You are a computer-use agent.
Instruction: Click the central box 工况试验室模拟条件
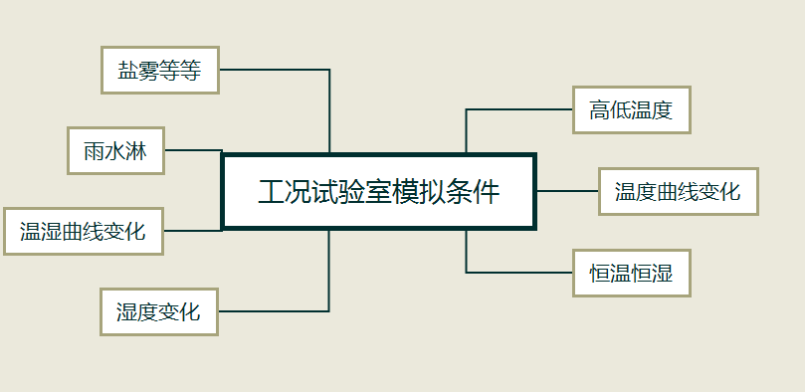(x=378, y=191)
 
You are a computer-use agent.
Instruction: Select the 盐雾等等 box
(x=159, y=70)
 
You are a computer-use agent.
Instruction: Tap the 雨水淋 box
(x=115, y=150)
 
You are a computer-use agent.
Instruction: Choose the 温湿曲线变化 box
(x=83, y=232)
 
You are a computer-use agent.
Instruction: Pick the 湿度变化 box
(x=158, y=311)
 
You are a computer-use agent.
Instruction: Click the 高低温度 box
(x=631, y=110)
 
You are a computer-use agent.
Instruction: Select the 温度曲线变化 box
(x=678, y=191)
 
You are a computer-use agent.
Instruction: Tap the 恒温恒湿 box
(x=631, y=273)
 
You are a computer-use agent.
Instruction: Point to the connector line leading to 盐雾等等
(x=279, y=70)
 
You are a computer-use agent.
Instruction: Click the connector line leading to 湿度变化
(x=279, y=311)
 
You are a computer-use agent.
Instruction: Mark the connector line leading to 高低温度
(x=517, y=109)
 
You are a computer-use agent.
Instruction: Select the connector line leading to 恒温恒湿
(x=517, y=272)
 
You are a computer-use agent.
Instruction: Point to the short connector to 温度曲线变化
(x=567, y=191)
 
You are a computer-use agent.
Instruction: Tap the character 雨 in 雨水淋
(x=94, y=151)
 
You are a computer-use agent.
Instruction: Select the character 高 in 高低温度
(x=599, y=110)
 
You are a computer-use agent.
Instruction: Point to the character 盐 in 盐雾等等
(x=127, y=71)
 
